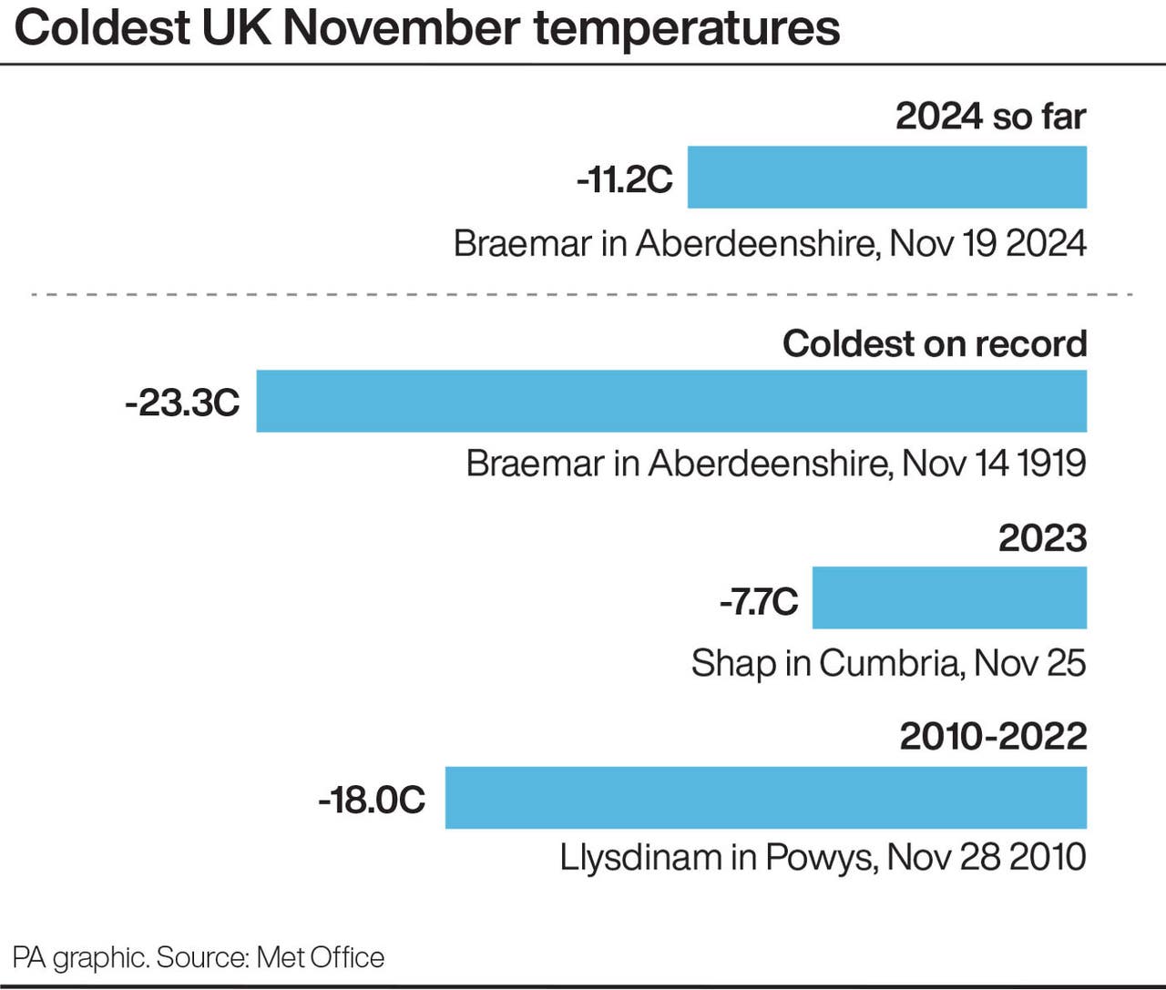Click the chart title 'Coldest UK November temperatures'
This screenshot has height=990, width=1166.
(427, 28)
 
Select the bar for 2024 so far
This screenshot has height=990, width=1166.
(886, 178)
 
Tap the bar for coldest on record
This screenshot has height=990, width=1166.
(671, 401)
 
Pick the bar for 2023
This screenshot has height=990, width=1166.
(949, 597)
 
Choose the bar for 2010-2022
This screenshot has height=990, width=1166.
(765, 798)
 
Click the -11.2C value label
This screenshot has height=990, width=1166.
(625, 179)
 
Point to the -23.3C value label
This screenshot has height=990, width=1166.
(182, 402)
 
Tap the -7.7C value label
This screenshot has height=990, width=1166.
(759, 601)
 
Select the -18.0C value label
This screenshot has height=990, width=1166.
(372, 800)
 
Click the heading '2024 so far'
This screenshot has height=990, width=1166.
(990, 117)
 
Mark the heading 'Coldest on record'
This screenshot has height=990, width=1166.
(935, 343)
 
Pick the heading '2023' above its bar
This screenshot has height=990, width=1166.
(1042, 538)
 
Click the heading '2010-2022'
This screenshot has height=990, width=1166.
(993, 736)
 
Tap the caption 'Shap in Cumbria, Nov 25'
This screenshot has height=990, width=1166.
(888, 663)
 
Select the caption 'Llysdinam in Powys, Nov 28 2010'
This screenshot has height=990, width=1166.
(823, 857)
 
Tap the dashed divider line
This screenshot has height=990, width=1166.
(583, 295)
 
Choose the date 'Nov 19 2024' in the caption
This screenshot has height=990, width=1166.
(987, 244)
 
